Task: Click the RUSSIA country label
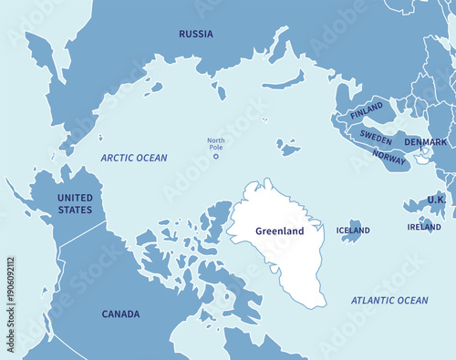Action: coord(196,34)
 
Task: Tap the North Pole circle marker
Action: coord(216,156)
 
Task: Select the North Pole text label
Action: coord(215,143)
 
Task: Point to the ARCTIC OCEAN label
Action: coord(134,158)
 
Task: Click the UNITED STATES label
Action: coord(75,203)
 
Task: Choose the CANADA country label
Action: coord(120,314)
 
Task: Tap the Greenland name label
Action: coord(279,231)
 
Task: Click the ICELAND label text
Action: coord(353,231)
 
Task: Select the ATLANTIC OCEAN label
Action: coord(389,300)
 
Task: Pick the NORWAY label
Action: coord(389,157)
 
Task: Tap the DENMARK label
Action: coord(426,142)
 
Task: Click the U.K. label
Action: coord(436,199)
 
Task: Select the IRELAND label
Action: coord(424,227)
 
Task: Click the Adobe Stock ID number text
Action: coord(11,291)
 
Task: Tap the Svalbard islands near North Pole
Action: coord(289,146)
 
